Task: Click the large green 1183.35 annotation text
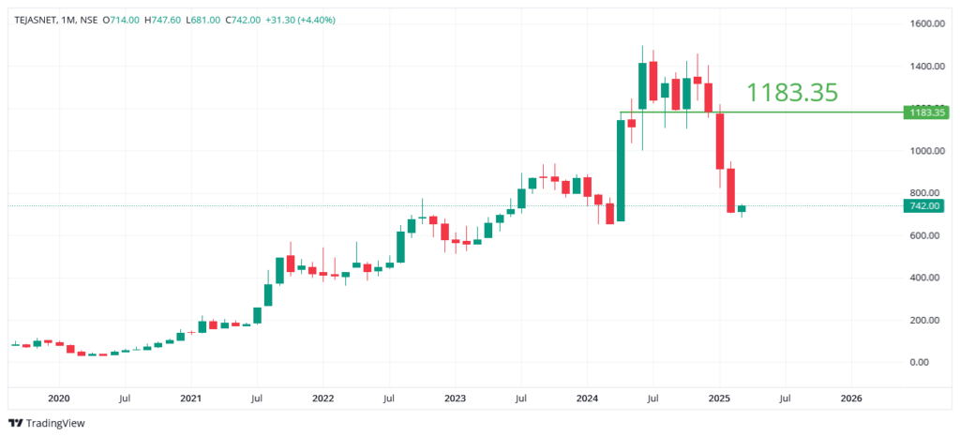click(x=791, y=92)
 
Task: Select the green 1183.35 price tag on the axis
click(x=922, y=113)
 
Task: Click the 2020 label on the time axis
click(x=58, y=398)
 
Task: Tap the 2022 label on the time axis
click(x=322, y=398)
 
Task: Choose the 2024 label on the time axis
click(x=587, y=398)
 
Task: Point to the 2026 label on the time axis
click(x=850, y=398)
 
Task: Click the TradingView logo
click(x=47, y=423)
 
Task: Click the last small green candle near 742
click(x=742, y=209)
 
